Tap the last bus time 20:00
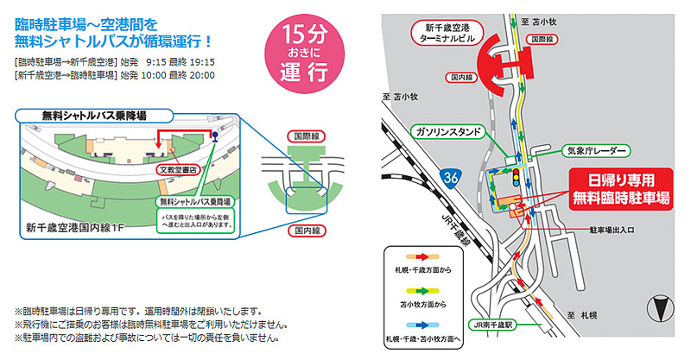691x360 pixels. [202, 76]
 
